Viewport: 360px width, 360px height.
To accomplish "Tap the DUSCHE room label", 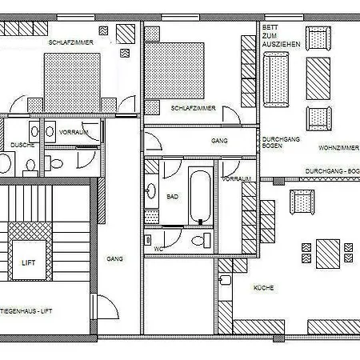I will click(x=22, y=145).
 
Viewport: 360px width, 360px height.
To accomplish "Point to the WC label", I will click(x=158, y=249).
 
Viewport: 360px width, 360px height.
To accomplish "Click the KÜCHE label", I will click(x=264, y=286).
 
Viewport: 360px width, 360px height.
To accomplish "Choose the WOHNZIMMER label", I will click(x=338, y=148).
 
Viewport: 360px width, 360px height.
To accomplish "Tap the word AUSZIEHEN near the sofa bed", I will click(x=281, y=45).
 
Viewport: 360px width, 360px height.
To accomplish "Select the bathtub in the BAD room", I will click(x=201, y=196).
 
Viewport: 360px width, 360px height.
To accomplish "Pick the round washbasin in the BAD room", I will click(x=151, y=190).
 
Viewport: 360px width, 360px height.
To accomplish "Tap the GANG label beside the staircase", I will click(x=114, y=259).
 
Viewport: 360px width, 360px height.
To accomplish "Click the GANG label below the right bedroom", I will click(x=220, y=140).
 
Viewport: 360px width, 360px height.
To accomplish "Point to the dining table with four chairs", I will click(x=327, y=254).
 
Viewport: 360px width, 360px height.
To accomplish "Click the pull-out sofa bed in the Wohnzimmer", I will click(x=277, y=80).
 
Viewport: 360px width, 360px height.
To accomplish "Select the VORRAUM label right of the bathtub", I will click(x=238, y=179).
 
